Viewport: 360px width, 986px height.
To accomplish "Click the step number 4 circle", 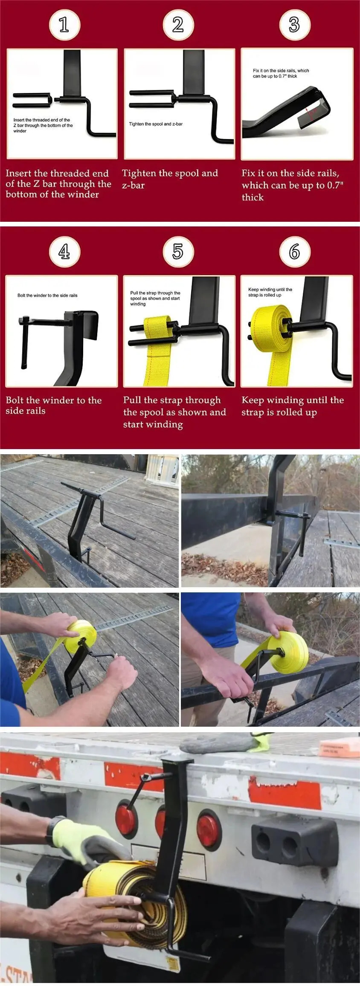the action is [x=64, y=252].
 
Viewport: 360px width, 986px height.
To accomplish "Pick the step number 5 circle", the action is [x=178, y=252].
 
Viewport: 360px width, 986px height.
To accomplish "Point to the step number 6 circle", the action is [x=294, y=252].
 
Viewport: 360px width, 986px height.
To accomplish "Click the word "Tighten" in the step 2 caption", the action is [x=139, y=174].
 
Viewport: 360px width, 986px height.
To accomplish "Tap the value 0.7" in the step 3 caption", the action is [x=335, y=185].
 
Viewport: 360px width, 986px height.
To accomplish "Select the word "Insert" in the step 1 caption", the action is [x=18, y=173].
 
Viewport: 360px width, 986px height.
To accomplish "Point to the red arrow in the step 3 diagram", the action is [x=312, y=112].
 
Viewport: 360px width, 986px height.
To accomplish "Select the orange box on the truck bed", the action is [x=339, y=748].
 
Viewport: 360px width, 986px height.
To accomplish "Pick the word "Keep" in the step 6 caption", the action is [x=252, y=400].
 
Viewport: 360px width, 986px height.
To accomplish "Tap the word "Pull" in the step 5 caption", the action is [x=132, y=400].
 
